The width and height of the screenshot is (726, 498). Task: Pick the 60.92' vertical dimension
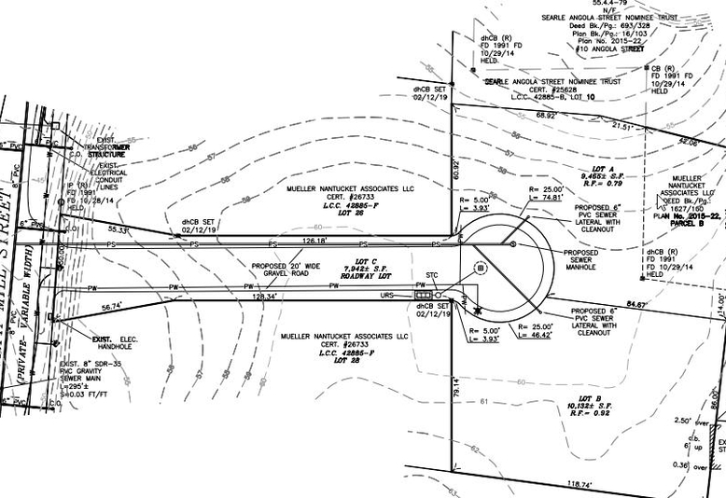456,168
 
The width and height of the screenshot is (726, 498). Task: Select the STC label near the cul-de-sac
432,276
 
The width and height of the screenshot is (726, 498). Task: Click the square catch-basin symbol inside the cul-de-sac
481,267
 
